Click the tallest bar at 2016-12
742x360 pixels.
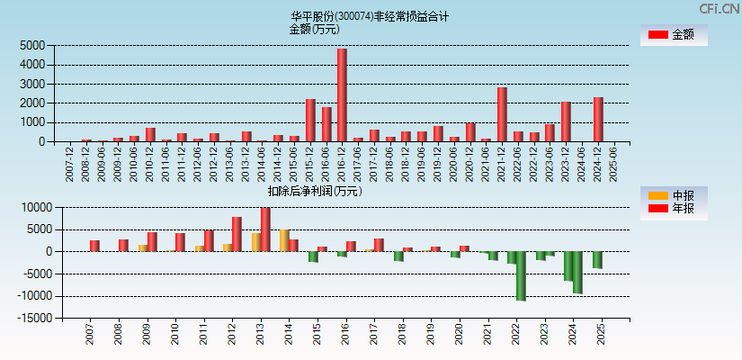[x=342, y=94]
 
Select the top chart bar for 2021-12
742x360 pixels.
[x=502, y=114]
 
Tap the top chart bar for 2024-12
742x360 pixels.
[x=598, y=119]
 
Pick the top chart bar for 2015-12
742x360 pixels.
[x=310, y=120]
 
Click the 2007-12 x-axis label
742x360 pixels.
[x=70, y=162]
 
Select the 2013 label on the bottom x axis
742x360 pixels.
[x=261, y=334]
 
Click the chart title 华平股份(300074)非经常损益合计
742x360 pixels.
[x=370, y=16]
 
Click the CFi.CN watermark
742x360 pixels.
[x=720, y=8]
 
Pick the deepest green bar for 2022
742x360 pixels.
[x=521, y=275]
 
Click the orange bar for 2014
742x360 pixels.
[x=284, y=240]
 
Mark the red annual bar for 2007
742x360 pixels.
[x=94, y=246]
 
